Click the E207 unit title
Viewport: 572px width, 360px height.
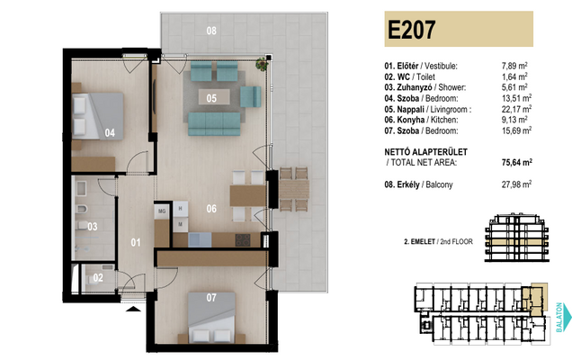click(x=411, y=30)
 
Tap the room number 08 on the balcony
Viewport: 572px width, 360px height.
click(x=211, y=31)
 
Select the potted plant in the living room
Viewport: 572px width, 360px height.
click(x=262, y=64)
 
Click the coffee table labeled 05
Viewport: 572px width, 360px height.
click(x=214, y=97)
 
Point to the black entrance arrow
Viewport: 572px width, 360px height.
click(x=133, y=310)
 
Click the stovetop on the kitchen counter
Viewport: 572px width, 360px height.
click(x=243, y=240)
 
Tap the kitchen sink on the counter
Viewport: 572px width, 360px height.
click(x=200, y=240)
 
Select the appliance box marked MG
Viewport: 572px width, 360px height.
click(x=162, y=211)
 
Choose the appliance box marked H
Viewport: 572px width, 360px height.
click(x=181, y=209)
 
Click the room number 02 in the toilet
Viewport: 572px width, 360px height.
click(x=98, y=278)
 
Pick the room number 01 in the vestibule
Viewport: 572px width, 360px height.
click(x=136, y=242)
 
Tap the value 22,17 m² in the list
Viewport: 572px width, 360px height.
click(x=516, y=109)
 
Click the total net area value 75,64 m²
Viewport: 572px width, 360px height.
click(x=516, y=163)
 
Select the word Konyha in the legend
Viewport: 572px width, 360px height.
click(x=410, y=120)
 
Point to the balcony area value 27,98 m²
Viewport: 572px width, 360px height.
click(x=516, y=184)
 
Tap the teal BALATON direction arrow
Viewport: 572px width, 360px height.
click(x=568, y=317)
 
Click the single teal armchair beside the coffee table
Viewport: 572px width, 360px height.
click(x=251, y=96)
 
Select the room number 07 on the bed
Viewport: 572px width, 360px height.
click(x=211, y=298)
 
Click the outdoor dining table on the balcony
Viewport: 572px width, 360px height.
click(x=294, y=189)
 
